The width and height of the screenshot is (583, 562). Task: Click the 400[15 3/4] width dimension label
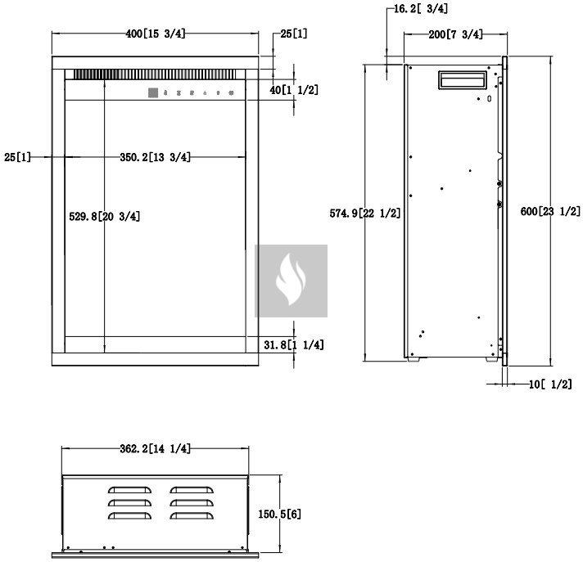pyautogui.click(x=155, y=34)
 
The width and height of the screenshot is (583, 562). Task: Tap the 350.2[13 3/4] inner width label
pyautogui.click(x=155, y=157)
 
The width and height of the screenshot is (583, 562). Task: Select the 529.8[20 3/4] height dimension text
pyautogui.click(x=105, y=216)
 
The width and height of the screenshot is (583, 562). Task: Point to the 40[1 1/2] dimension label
pyautogui.click(x=294, y=90)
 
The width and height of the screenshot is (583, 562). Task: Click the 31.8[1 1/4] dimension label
pyautogui.click(x=294, y=344)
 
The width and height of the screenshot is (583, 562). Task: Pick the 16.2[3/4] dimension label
pyautogui.click(x=421, y=9)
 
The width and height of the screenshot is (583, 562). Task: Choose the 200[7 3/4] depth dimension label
pyautogui.click(x=455, y=34)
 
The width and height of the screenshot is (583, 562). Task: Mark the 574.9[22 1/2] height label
pyautogui.click(x=365, y=214)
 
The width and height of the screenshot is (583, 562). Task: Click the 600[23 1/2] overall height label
pyautogui.click(x=550, y=211)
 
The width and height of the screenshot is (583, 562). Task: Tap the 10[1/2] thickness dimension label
pyautogui.click(x=550, y=384)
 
